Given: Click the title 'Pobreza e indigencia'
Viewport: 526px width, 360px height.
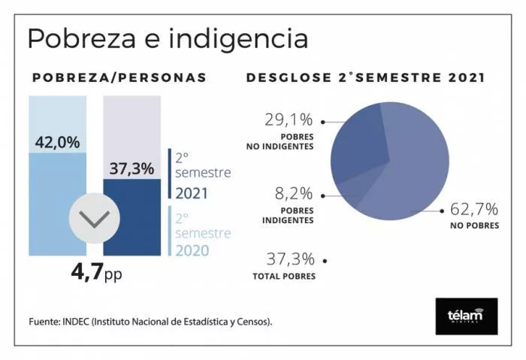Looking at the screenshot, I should (167, 38).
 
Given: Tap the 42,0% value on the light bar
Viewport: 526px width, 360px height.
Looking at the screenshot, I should (57, 142).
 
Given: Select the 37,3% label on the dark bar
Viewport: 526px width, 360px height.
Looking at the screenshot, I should (131, 168).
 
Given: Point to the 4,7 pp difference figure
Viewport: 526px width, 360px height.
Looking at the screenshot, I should (95, 272).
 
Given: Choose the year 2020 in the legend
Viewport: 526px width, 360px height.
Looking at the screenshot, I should (192, 250).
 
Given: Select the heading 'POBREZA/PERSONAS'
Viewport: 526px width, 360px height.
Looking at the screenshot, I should (119, 77).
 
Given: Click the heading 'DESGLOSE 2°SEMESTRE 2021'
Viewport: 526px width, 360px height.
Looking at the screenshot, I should (365, 77).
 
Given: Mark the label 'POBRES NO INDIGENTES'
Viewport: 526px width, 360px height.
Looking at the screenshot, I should (280, 141).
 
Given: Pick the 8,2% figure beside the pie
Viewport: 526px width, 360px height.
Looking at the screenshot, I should (294, 195).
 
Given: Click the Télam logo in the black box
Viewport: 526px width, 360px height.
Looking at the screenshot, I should (466, 316).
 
